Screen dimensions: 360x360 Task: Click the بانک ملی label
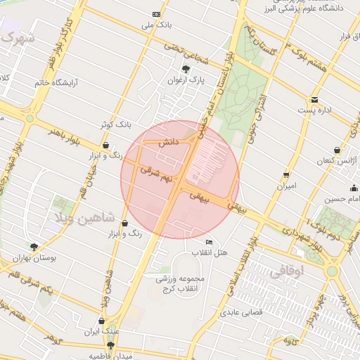click(x=157, y=25)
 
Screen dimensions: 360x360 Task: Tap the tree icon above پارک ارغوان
click(x=186, y=69)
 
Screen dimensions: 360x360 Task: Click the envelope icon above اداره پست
click(x=314, y=100)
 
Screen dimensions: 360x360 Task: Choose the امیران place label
click(x=287, y=186)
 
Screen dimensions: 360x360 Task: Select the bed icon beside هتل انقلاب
click(x=209, y=242)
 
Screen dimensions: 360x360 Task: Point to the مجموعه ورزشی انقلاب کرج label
click(x=178, y=284)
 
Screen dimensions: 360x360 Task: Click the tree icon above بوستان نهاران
click(x=34, y=247)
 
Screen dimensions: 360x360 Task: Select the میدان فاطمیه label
click(x=110, y=356)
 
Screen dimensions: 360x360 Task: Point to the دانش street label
click(x=169, y=143)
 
